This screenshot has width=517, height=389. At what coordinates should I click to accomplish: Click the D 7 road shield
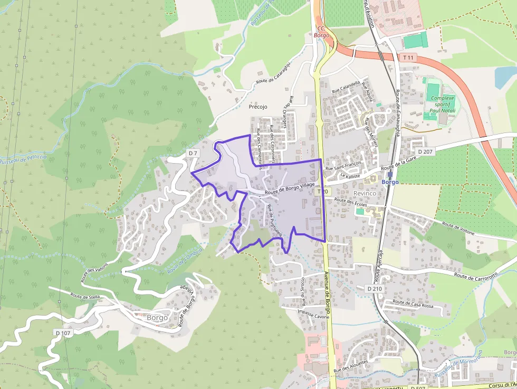pyautogui.click(x=193, y=153)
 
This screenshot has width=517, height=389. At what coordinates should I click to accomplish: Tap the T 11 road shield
pyautogui.click(x=408, y=57)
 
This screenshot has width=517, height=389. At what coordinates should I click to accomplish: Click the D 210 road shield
pyautogui.click(x=374, y=289)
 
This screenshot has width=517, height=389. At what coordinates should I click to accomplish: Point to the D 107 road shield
pyautogui.click(x=62, y=333)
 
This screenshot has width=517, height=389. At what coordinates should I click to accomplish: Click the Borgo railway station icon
pyautogui.click(x=390, y=174)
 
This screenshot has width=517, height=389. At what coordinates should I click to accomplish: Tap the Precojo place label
pyautogui.click(x=258, y=107)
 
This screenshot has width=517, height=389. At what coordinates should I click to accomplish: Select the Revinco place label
pyautogui.click(x=365, y=193)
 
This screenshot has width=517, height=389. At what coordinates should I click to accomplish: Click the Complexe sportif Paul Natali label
pyautogui.click(x=442, y=105)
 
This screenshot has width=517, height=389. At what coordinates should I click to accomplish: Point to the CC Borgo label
pyautogui.click(x=321, y=32)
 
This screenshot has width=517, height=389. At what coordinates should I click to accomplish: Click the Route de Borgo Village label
pyautogui.click(x=290, y=187)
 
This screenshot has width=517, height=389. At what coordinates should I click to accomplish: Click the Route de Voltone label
pyautogui.click(x=458, y=229)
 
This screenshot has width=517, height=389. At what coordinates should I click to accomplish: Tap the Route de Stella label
pyautogui.click(x=85, y=297)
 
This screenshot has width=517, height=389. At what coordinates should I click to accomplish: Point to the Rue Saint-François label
pyautogui.click(x=343, y=166)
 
